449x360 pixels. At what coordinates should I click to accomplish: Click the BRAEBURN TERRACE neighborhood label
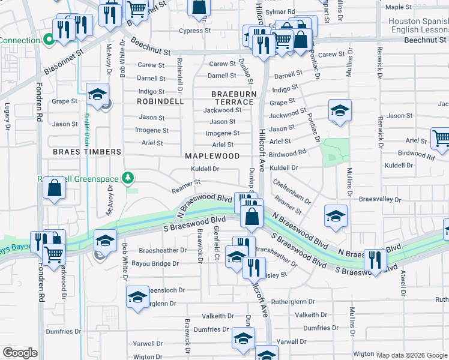coord(234,98)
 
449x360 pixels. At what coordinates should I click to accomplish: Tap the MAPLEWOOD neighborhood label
coord(212,156)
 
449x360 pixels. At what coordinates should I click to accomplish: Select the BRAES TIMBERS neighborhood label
coord(87,152)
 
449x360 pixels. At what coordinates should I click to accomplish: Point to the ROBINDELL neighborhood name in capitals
coord(160,102)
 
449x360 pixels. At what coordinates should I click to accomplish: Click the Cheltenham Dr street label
coord(291,191)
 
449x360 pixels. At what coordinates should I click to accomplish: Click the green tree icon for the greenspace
coord(127,178)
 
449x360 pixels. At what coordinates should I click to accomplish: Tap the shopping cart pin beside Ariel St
coord(440,138)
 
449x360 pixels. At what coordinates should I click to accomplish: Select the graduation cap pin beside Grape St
coord(97,94)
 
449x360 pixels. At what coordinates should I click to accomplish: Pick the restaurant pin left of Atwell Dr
coord(375,260)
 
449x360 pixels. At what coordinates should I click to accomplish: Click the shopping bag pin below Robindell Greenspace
coord(55,188)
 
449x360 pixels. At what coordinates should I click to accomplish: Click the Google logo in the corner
coord(20,353)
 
